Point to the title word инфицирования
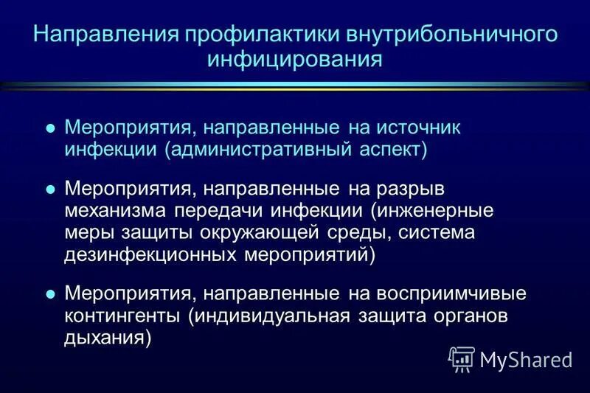[295, 59]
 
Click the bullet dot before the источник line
[51, 127]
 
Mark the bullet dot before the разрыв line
[51, 189]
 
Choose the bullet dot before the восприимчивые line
[51, 293]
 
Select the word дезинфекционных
[148, 255]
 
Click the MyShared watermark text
[526, 359]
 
